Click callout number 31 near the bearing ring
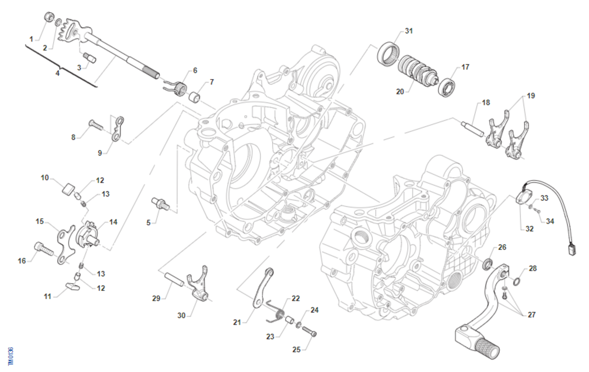pyautogui.click(x=409, y=31)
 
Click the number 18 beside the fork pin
pyautogui.click(x=485, y=103)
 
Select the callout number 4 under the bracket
pyautogui.click(x=57, y=73)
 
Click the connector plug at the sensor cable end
pyautogui.click(x=571, y=249)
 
